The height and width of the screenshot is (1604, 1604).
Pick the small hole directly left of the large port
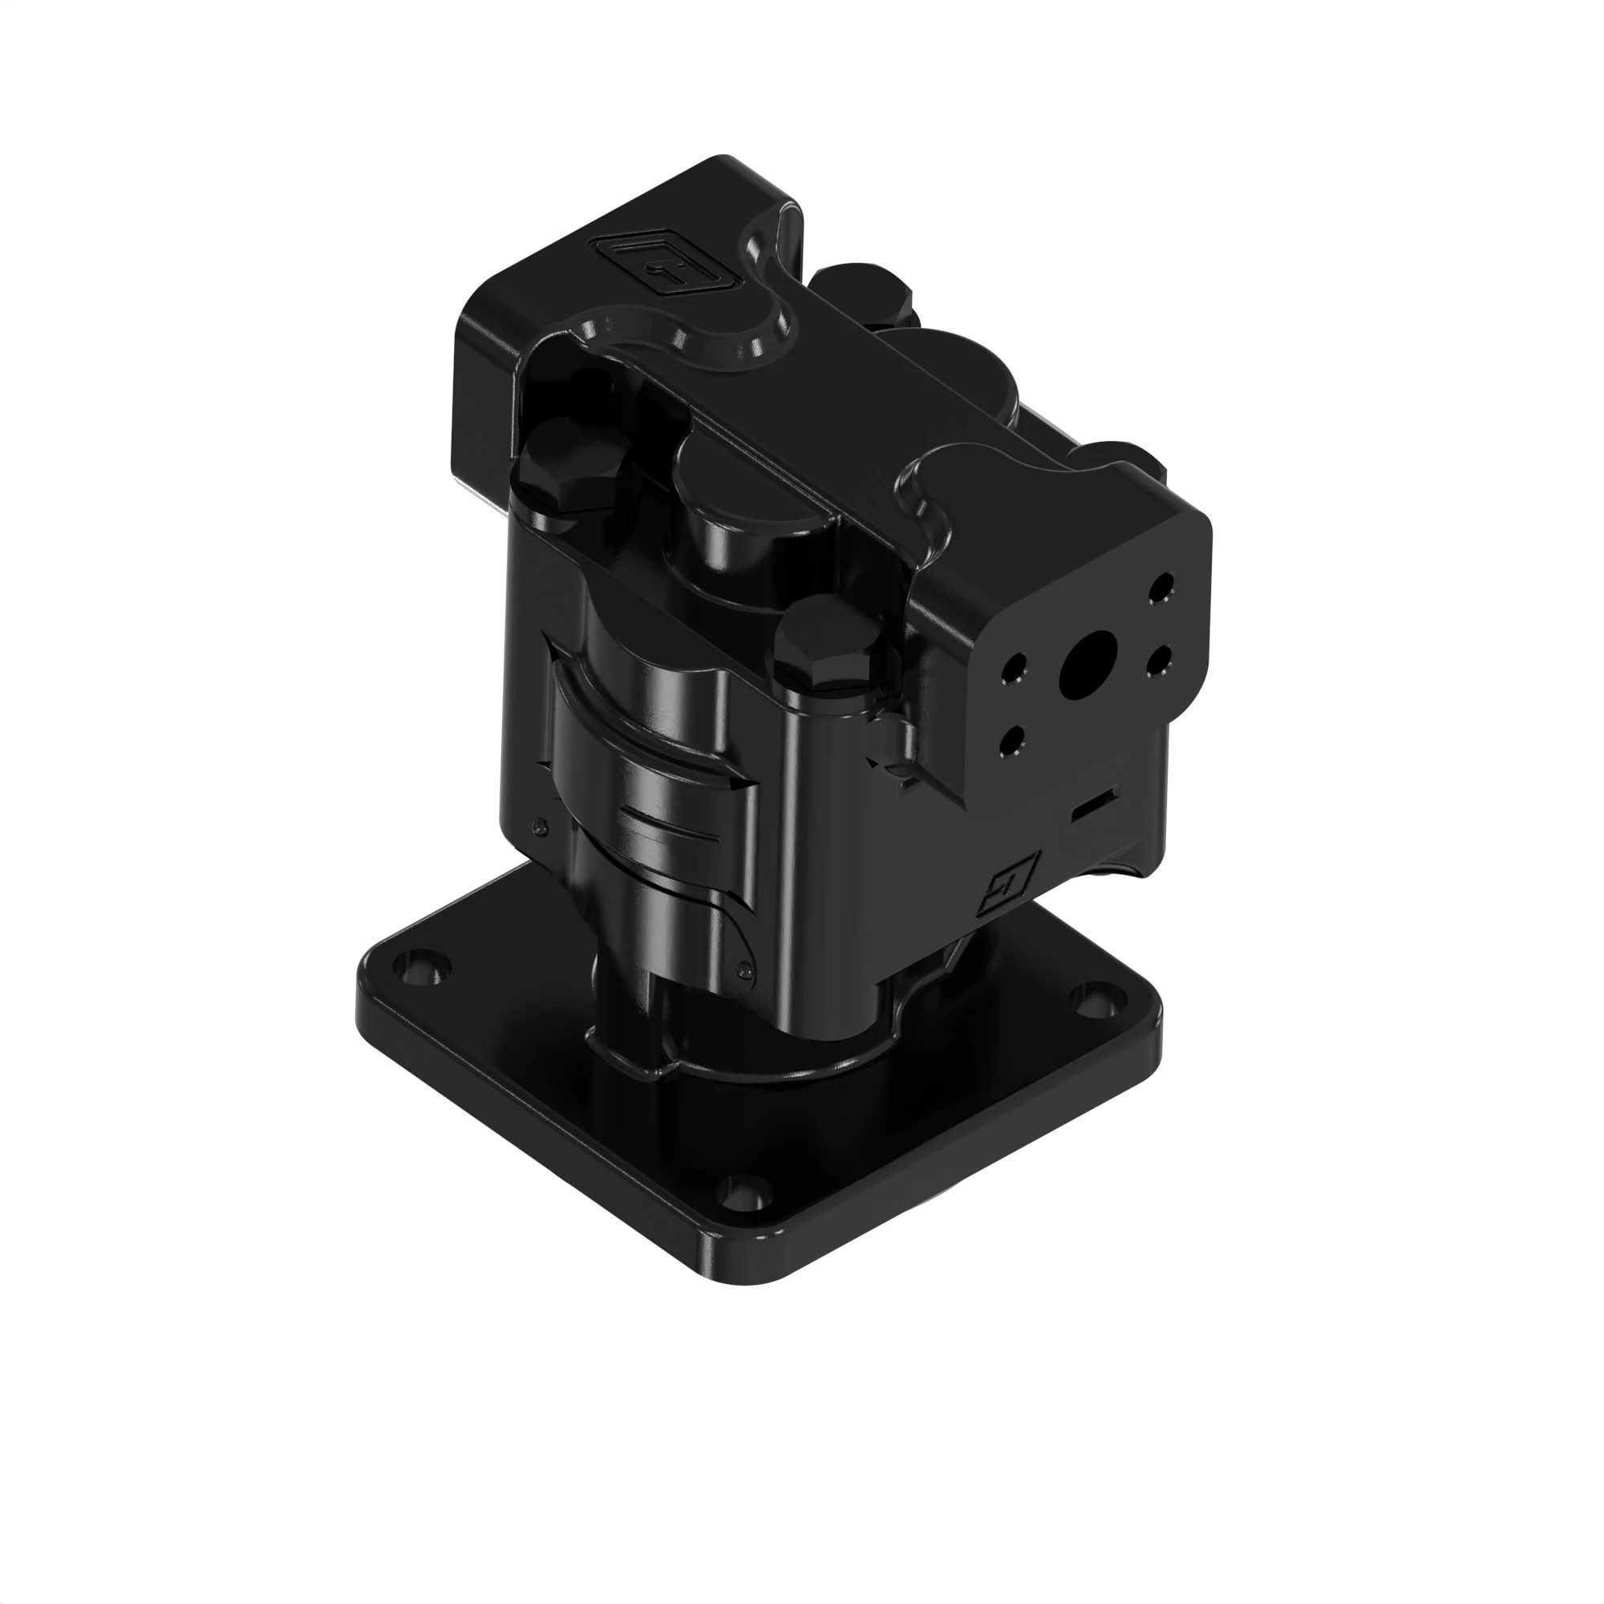click(1015, 666)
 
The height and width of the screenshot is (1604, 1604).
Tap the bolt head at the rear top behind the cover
click(864, 290)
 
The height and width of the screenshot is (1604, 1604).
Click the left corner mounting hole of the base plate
click(423, 968)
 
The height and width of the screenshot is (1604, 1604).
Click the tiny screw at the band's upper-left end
click(541, 827)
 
